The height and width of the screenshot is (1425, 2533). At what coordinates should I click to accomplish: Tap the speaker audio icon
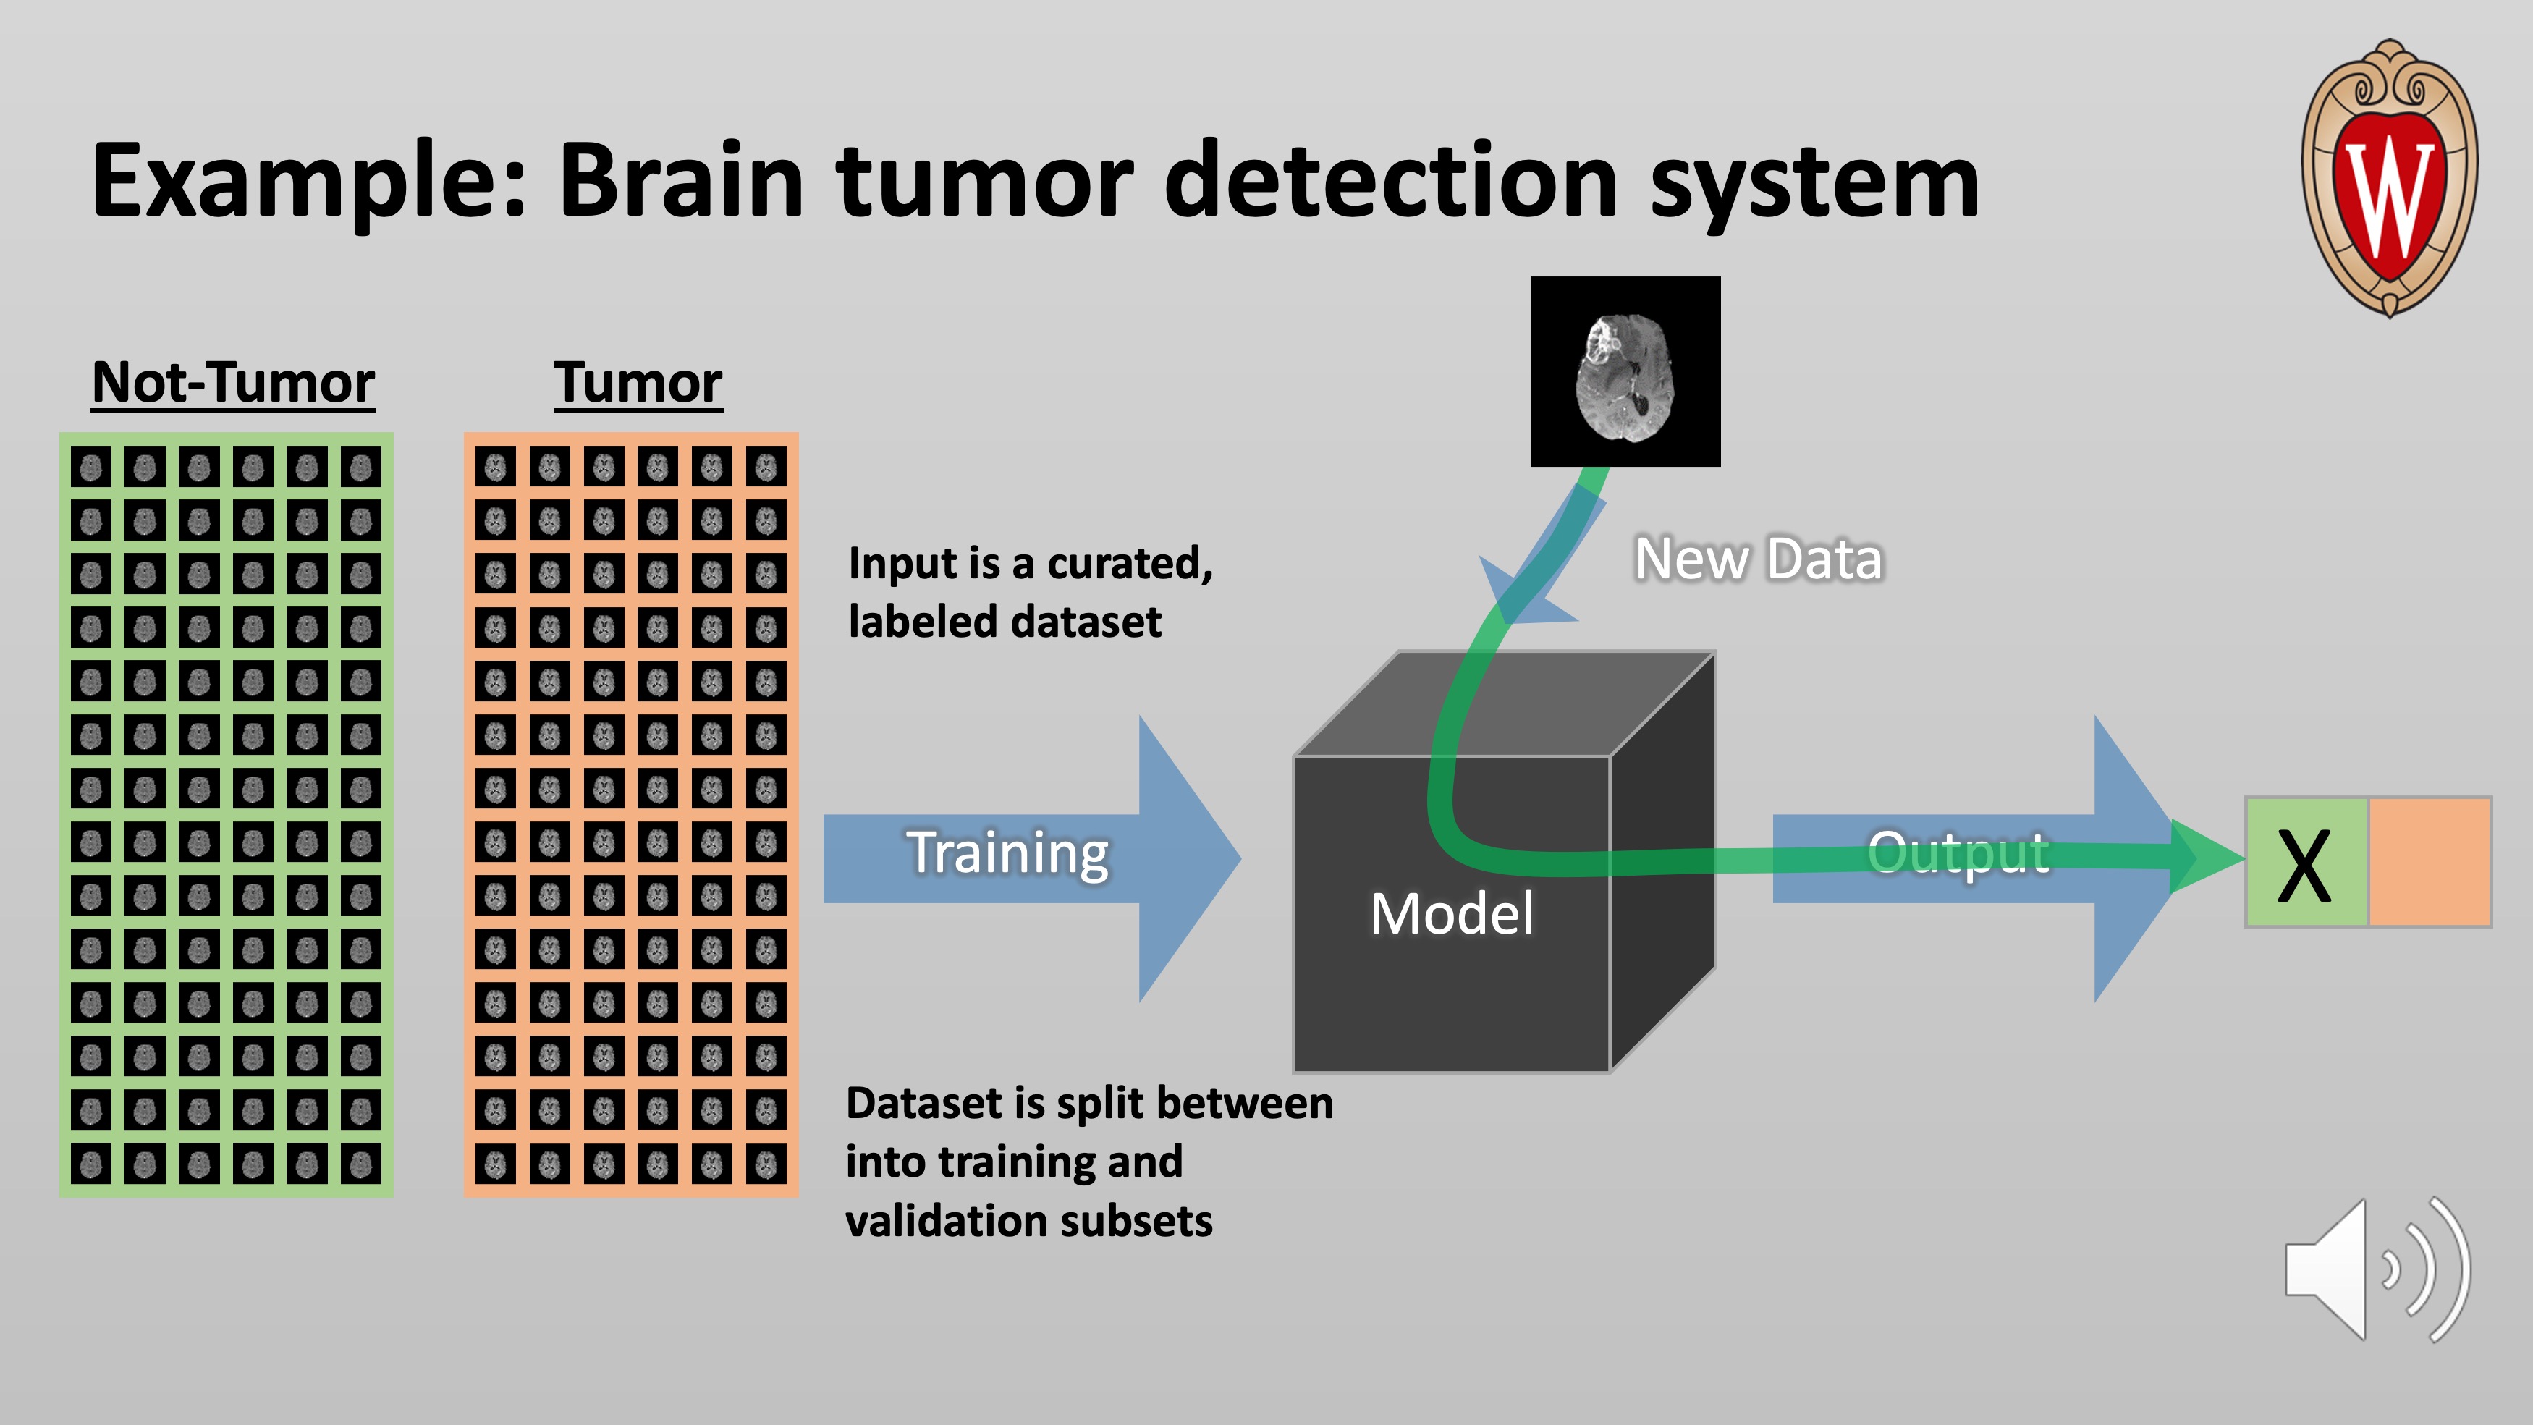[x=2375, y=1269]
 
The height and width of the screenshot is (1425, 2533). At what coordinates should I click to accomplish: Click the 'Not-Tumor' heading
[x=233, y=383]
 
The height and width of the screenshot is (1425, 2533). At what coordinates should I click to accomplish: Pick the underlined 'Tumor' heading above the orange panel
[x=638, y=383]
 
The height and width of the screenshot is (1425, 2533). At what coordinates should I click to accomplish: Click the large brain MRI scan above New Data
[x=1625, y=372]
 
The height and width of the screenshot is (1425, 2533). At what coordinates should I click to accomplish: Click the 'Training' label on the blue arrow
[x=1008, y=852]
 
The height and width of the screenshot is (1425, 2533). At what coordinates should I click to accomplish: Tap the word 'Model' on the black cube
[x=1451, y=913]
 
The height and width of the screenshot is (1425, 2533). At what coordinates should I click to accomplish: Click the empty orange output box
[x=2430, y=861]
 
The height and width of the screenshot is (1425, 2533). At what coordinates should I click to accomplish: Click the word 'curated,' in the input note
[x=1130, y=564]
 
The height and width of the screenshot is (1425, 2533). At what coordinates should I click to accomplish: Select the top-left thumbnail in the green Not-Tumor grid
[x=91, y=466]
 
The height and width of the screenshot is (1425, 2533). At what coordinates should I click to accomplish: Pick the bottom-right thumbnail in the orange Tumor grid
[x=766, y=1164]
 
